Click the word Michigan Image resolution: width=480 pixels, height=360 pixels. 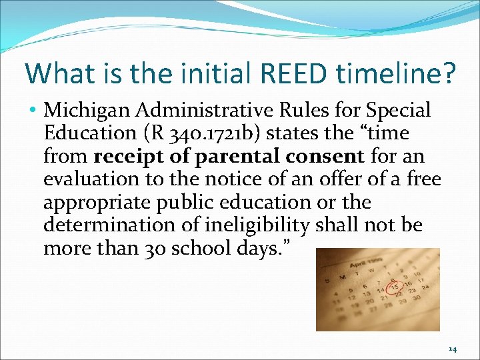(x=83, y=110)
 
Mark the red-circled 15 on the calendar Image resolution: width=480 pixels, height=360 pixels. (x=395, y=287)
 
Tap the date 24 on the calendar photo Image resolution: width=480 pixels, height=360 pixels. (x=425, y=287)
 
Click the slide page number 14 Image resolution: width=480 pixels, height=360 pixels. (x=452, y=348)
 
